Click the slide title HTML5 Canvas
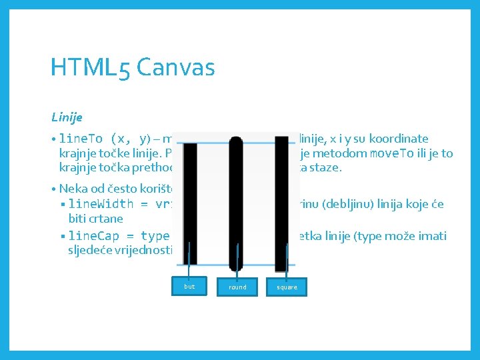[133, 67]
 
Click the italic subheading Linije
[67, 117]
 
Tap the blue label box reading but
[189, 287]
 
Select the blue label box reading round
[237, 287]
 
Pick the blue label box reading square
[287, 287]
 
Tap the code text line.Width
[100, 204]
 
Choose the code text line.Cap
[97, 236]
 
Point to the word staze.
[327, 168]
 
